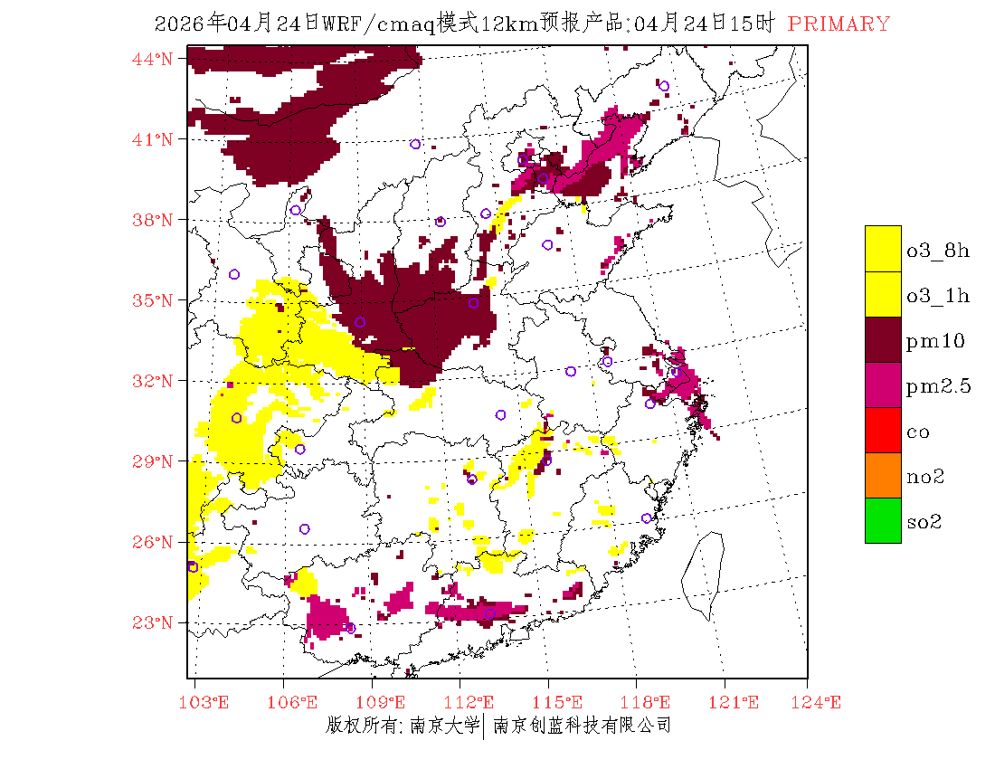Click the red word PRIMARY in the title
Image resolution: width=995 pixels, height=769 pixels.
[x=839, y=24]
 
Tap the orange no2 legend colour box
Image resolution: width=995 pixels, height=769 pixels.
[x=883, y=475]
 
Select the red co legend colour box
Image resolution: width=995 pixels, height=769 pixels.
[x=883, y=430]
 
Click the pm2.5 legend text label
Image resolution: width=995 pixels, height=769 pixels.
[x=938, y=387]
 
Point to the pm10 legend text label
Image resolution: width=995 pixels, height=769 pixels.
[x=934, y=341]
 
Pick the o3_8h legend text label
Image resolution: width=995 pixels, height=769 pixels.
[x=938, y=251]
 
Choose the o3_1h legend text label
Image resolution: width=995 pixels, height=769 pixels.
[x=938, y=296]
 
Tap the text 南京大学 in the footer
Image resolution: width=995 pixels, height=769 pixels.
[x=444, y=725]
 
